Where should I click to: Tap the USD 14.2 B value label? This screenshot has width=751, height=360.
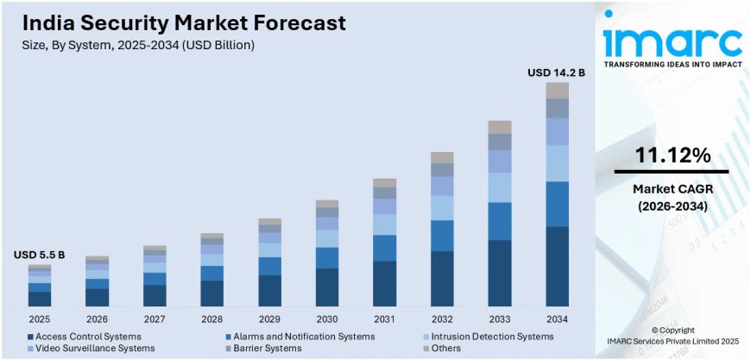556,73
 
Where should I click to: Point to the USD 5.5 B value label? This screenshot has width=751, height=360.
39,256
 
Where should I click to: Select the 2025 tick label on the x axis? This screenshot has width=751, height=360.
39,319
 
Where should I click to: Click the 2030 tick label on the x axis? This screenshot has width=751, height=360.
327,319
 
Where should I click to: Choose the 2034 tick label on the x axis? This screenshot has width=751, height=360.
557,319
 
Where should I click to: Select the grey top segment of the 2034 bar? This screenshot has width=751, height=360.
557,90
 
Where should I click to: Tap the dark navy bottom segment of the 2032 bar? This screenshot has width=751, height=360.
442,278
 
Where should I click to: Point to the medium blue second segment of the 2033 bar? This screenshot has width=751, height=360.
500,221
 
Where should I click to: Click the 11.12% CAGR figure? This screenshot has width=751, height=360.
672,155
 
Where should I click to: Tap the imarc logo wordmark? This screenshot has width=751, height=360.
672,39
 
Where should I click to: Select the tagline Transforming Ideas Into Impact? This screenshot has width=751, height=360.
672,65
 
